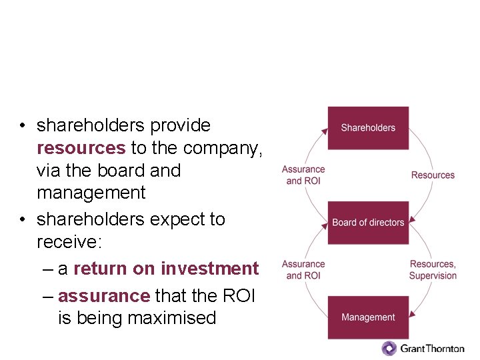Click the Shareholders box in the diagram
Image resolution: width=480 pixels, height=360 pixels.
(368, 127)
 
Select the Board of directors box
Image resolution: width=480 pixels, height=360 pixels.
(368, 222)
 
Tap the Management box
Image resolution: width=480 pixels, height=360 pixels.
(368, 317)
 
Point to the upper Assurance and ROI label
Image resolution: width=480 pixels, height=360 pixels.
(303, 175)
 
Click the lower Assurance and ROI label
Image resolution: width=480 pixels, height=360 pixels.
(303, 269)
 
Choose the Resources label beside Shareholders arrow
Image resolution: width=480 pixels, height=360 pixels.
(433, 175)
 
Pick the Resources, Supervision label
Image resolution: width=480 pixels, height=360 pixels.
(433, 269)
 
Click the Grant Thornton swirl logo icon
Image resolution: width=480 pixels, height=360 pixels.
(389, 348)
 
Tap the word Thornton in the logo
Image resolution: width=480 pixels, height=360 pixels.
(441, 348)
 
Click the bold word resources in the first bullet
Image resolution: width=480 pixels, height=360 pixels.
(81, 147)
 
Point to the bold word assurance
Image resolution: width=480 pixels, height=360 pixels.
(104, 295)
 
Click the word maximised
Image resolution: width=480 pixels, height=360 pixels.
(171, 318)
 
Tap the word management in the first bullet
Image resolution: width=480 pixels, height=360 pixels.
(91, 193)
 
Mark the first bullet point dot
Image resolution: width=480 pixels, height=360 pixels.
(23, 126)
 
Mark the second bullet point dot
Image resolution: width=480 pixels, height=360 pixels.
(23, 219)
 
